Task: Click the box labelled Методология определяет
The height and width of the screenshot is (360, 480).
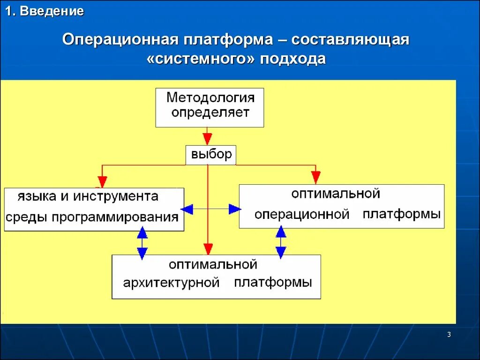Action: click(210, 107)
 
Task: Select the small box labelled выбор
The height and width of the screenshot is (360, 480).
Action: click(211, 155)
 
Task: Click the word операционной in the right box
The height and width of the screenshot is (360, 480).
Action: click(302, 215)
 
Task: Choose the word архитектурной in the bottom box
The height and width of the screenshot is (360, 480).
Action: click(172, 283)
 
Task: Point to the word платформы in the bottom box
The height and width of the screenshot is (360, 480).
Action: click(273, 283)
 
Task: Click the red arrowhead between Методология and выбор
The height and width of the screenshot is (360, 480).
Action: click(207, 138)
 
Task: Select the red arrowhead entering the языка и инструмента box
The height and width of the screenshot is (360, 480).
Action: click(102, 182)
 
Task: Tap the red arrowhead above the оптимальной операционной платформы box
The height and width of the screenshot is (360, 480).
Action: click(316, 177)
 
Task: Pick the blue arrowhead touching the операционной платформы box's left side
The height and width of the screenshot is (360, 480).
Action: click(234, 209)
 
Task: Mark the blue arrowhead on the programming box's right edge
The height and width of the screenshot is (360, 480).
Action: click(187, 209)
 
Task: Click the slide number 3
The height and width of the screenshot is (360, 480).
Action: click(449, 334)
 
